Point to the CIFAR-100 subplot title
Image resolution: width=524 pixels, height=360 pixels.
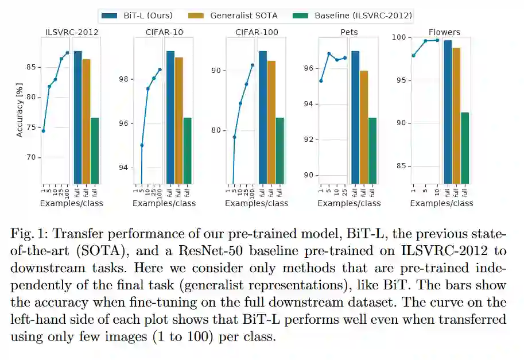(257, 32)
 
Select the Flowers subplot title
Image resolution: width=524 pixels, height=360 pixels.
(444, 32)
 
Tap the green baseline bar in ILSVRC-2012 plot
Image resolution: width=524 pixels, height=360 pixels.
(95, 150)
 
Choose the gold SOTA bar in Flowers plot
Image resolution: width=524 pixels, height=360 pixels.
(456, 115)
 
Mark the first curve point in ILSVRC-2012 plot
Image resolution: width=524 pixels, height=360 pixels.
(43, 131)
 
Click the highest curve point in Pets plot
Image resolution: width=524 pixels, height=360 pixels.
(329, 54)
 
